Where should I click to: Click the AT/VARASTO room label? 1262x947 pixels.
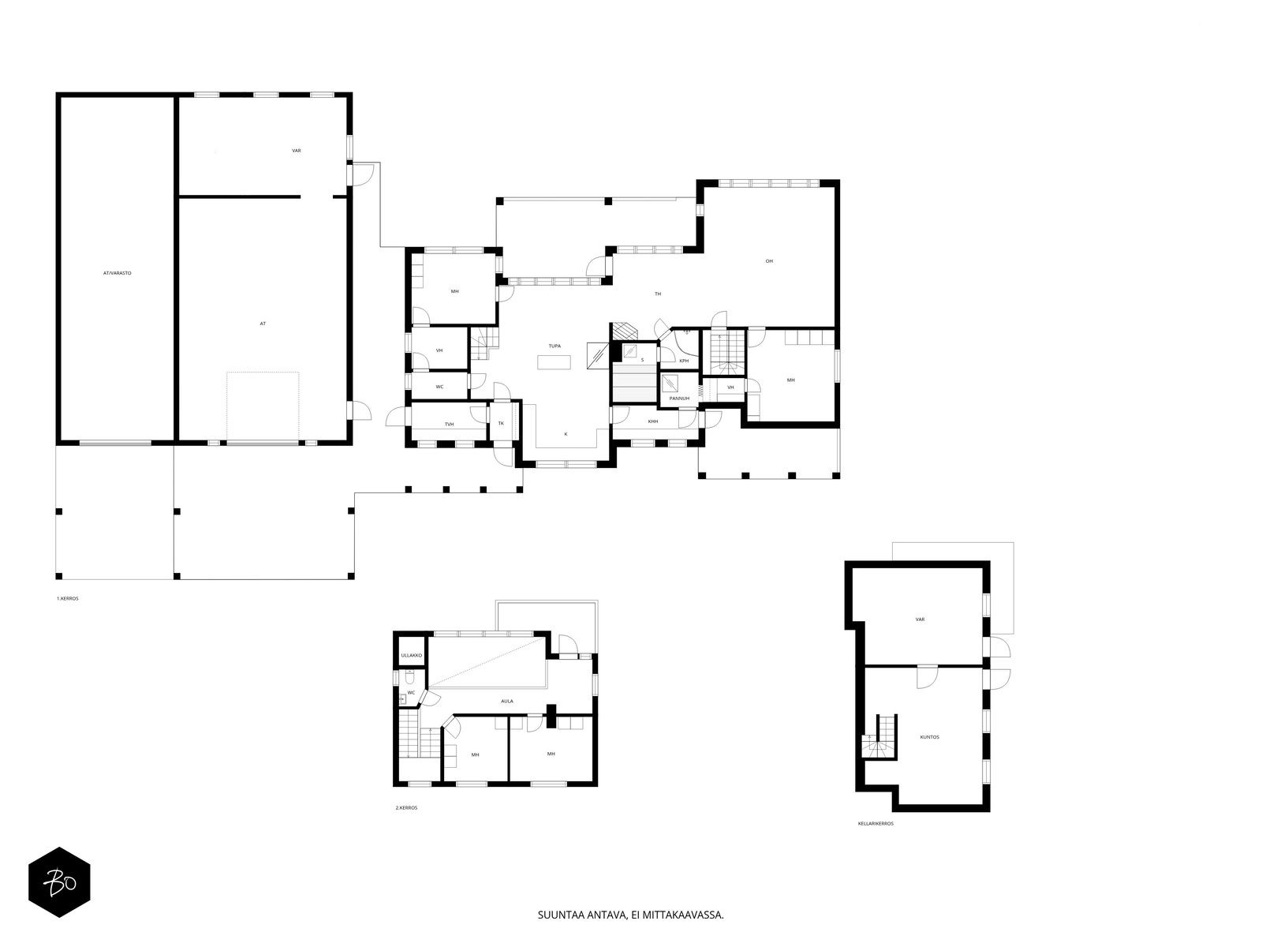tap(118, 273)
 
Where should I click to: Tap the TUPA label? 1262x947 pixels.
tap(554, 346)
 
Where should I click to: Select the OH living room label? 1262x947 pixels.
tap(769, 261)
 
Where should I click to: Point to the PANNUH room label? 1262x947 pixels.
tap(679, 399)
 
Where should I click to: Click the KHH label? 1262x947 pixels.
tap(652, 421)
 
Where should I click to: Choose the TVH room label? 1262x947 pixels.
tap(449, 425)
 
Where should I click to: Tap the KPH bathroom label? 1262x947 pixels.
tap(684, 361)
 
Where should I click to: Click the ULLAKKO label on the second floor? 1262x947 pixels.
tap(412, 656)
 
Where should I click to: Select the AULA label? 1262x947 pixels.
tap(507, 701)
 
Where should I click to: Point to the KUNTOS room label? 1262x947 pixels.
tap(930, 737)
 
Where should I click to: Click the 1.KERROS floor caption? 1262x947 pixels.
tap(67, 598)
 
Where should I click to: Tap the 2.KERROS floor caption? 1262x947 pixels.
tap(406, 808)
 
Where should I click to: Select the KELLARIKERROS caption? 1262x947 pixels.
tap(876, 823)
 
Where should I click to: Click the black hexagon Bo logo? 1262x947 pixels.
tap(59, 882)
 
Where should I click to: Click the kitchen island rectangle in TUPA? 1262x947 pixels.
tap(554, 362)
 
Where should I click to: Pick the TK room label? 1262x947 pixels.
tap(501, 423)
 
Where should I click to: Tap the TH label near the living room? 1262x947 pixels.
tap(658, 294)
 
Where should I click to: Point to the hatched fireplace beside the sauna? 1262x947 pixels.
tap(625, 331)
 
